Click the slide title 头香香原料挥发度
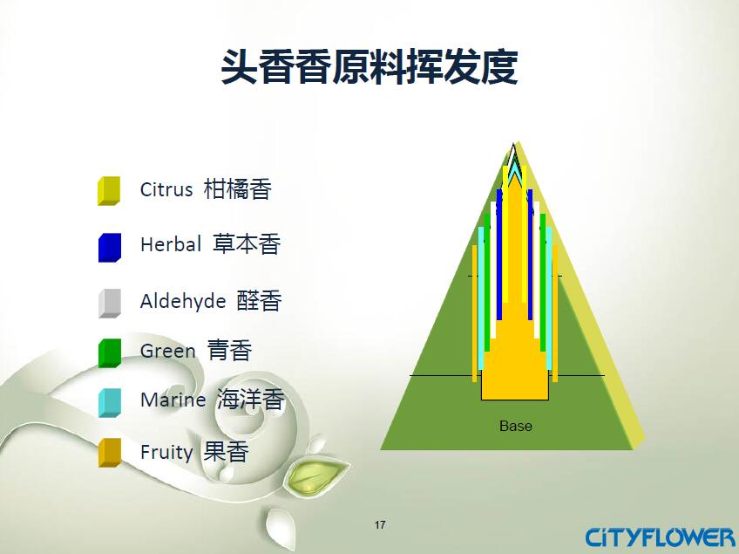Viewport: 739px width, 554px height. [x=369, y=67]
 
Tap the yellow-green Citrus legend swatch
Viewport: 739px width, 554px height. [x=109, y=191]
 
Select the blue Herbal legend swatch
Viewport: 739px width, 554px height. [x=109, y=247]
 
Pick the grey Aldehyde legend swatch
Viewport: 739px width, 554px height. [x=109, y=303]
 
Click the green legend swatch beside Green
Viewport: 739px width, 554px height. [x=109, y=353]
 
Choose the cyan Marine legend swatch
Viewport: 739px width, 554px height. [x=109, y=402]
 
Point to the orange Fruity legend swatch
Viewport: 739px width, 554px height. [x=109, y=453]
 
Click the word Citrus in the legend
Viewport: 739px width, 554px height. [x=166, y=189]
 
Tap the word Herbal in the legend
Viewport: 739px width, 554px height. [x=171, y=244]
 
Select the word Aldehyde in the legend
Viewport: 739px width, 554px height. [x=183, y=301]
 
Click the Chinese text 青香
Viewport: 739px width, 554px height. [x=229, y=350]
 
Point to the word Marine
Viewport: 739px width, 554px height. [x=173, y=400]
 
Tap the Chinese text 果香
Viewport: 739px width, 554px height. [x=226, y=452]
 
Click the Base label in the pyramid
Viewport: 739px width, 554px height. [x=516, y=426]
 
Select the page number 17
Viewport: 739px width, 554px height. [x=380, y=524]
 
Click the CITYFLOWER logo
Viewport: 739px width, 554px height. [x=660, y=537]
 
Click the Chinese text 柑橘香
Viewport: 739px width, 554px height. [x=238, y=189]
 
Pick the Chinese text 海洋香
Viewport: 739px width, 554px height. [x=251, y=400]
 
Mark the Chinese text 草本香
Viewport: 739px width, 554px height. [x=247, y=244]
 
